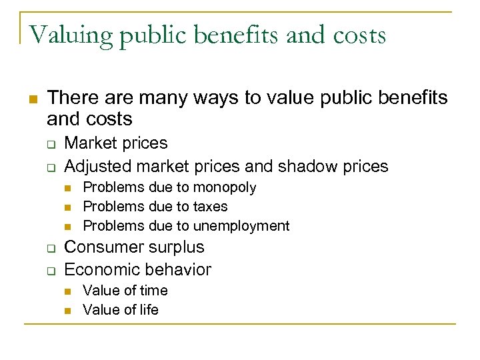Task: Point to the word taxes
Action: (x=209, y=207)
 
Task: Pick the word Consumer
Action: (x=100, y=247)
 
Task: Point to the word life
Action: (x=147, y=310)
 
